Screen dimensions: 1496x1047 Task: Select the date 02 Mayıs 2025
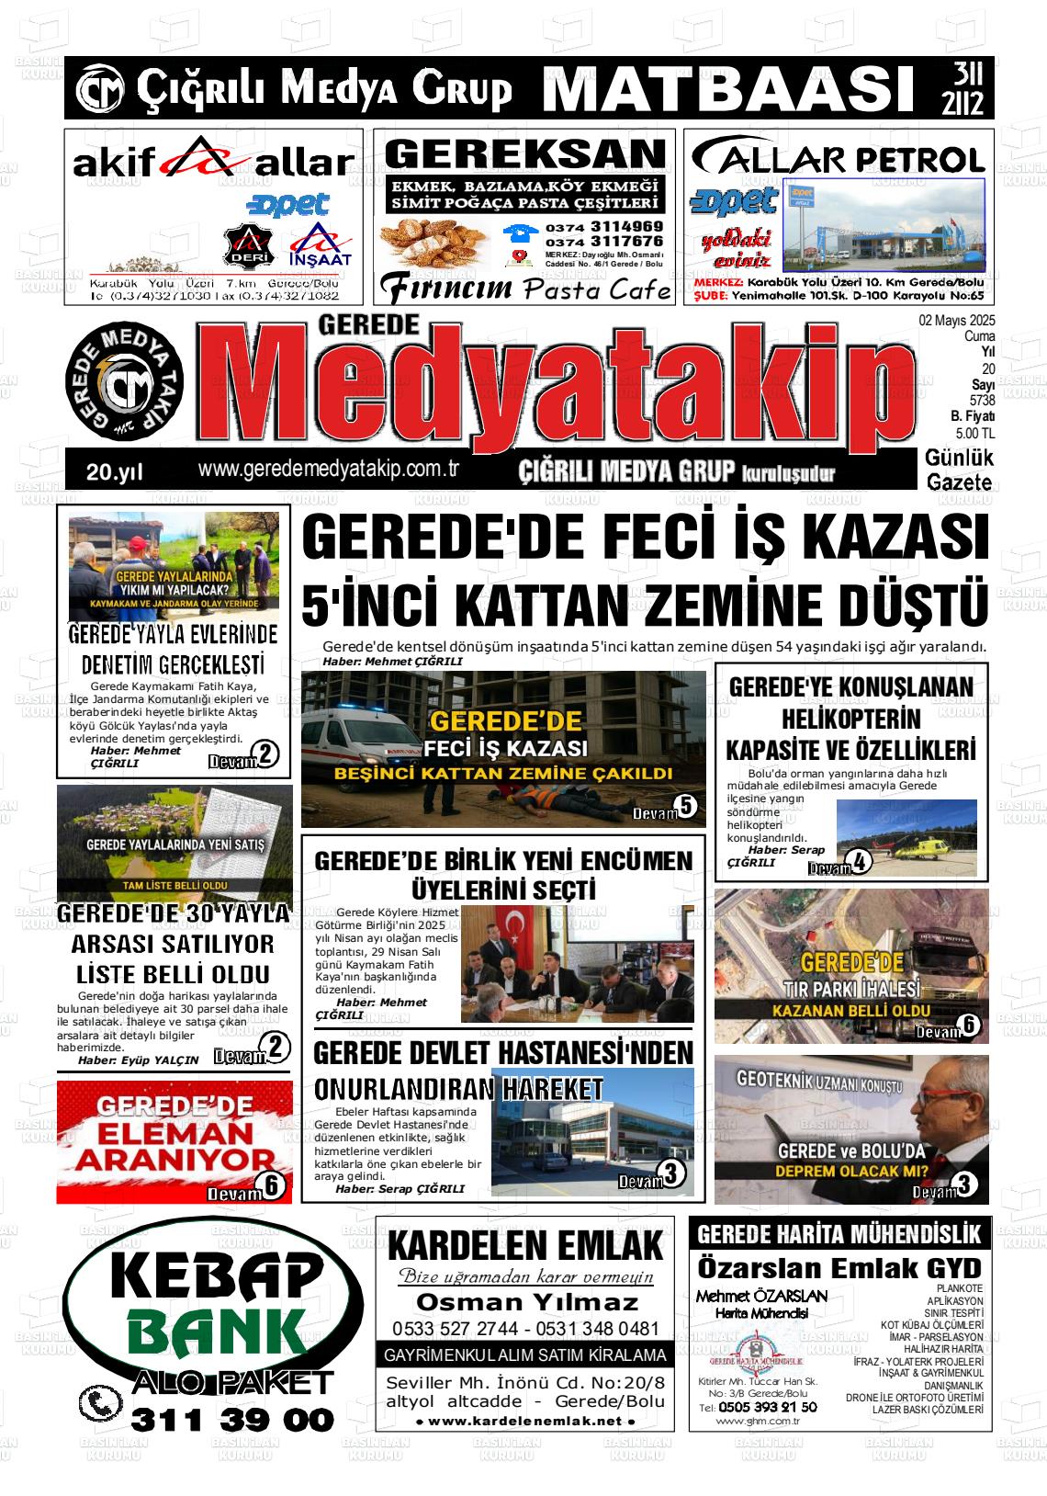coord(956,321)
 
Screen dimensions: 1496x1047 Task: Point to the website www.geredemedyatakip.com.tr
coord(328,469)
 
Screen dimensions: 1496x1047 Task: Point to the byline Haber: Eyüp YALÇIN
coord(138,1060)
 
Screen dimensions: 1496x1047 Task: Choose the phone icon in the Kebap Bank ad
coord(100,1403)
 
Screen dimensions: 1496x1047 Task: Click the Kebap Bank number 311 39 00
coord(232,1420)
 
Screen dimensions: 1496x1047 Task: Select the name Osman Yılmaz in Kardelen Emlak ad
coord(526,1302)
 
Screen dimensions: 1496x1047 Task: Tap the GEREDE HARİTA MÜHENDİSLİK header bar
coord(840,1233)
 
